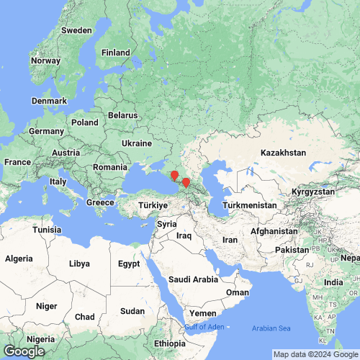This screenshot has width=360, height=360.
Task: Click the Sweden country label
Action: [x=76, y=30]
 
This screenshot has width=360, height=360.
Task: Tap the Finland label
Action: [x=115, y=53]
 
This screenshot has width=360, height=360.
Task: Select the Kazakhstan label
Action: [x=283, y=153]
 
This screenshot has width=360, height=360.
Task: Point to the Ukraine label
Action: [x=137, y=143]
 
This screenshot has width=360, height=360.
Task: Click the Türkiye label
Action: [x=153, y=205]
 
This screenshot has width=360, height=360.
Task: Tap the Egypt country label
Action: [x=129, y=264]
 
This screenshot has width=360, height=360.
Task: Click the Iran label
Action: [x=230, y=240]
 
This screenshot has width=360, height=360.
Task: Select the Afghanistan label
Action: [x=274, y=231]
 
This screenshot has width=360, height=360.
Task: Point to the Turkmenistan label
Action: [x=250, y=205]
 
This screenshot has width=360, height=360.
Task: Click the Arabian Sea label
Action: [x=271, y=329]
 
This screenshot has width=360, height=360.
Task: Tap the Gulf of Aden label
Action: [x=204, y=327]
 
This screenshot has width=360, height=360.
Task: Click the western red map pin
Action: [x=174, y=176]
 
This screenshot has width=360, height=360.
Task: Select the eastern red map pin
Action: [x=186, y=183]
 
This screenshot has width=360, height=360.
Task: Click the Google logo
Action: [x=23, y=351]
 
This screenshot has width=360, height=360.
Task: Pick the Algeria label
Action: [x=19, y=258]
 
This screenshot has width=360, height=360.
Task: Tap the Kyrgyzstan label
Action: [x=313, y=192]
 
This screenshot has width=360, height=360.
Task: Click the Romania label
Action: [x=109, y=167]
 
